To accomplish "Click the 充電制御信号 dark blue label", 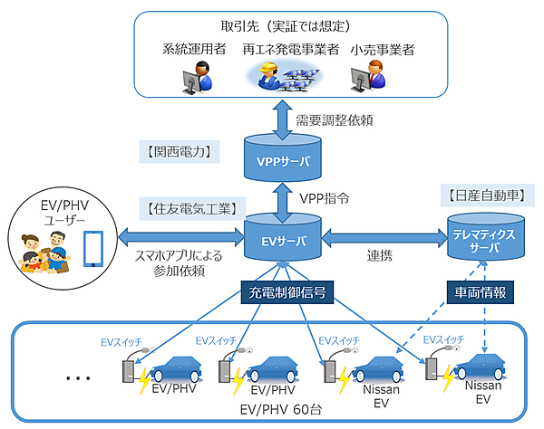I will (x=283, y=293).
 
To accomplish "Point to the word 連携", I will (x=381, y=256).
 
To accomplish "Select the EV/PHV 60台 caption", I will (x=277, y=410).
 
